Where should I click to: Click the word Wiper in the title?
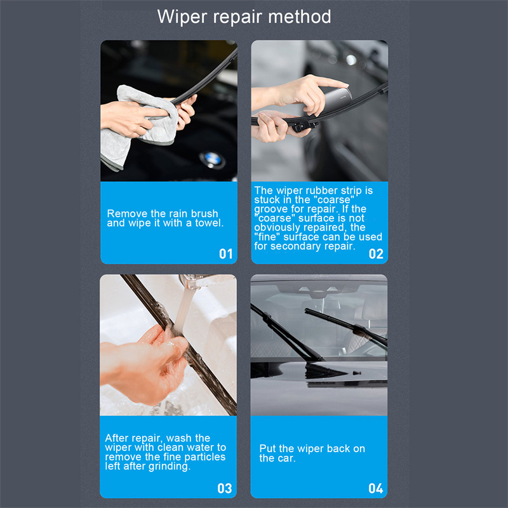(x=182, y=17)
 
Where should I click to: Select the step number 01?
(x=226, y=253)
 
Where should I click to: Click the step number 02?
(x=376, y=253)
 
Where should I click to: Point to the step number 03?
(x=225, y=488)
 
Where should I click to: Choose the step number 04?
(x=376, y=488)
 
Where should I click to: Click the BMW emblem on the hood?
(x=212, y=160)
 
